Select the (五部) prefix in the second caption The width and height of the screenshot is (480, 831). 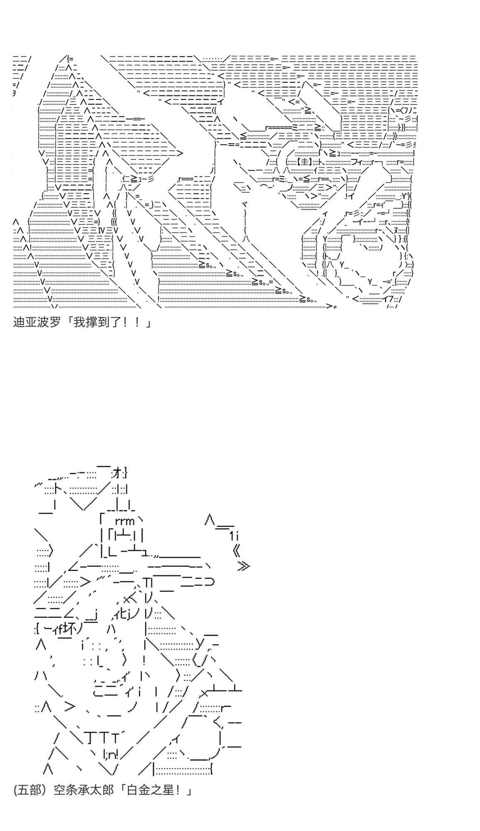[29, 790]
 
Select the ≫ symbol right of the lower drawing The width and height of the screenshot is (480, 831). [243, 566]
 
